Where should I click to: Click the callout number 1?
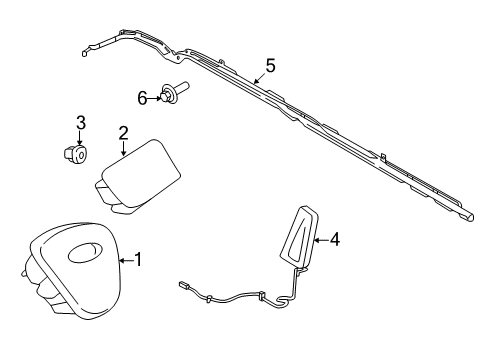139,261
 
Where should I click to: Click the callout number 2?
123,133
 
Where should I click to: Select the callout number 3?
82,123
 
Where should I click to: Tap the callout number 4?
335,239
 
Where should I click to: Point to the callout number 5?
269,67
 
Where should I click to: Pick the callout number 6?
142,96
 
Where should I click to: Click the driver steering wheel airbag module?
67,271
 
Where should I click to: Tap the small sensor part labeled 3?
74,154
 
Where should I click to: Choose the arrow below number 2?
121,151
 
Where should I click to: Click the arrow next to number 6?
157,97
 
